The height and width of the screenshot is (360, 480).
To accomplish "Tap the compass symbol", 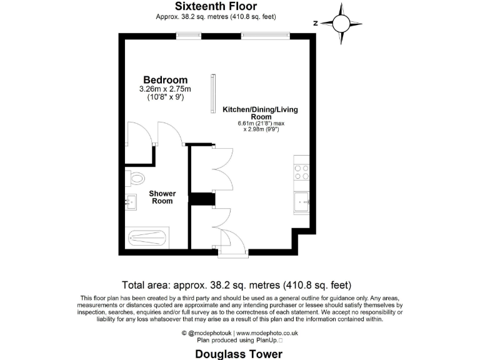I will coord(340,23).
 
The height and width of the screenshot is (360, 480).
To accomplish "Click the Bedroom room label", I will coord(166,80).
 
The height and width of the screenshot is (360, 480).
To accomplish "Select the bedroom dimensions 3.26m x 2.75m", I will coord(165,89).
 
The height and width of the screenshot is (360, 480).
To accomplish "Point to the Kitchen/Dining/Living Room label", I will coord(261,113).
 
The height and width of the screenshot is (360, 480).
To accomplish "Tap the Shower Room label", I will coord(161,197).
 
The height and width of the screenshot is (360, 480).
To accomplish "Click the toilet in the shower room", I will coord(134,179).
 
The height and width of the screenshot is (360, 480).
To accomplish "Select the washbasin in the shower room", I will coord(131,202).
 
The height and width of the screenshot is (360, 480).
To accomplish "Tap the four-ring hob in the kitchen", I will coord(301,172).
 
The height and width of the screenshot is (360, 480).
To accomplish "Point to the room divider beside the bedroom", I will coord(213,94).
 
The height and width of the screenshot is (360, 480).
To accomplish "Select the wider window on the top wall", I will coord(266,36).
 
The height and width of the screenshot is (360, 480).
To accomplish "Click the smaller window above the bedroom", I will coord(184,36).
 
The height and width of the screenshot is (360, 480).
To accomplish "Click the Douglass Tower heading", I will coord(239,354).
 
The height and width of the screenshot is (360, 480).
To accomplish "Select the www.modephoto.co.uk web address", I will coord(267,333).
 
